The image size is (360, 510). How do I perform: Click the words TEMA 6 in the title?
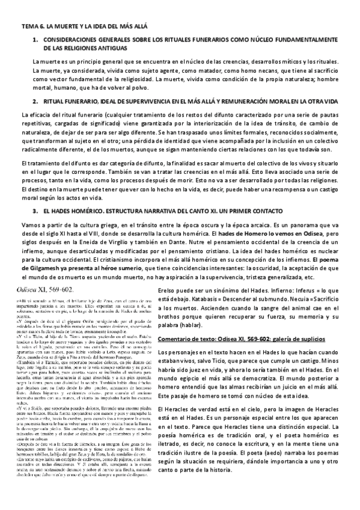coord(32,27)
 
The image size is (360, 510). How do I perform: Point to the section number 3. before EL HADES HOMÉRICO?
coord(35,211)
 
